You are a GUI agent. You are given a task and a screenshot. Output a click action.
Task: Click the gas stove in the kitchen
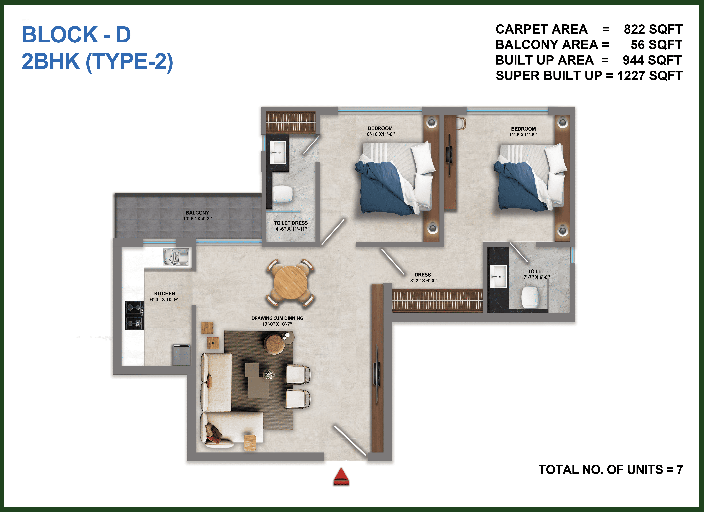point(134,315)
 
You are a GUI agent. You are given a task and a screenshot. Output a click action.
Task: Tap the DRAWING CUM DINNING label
point(277,318)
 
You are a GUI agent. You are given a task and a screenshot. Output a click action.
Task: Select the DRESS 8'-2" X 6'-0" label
point(423,278)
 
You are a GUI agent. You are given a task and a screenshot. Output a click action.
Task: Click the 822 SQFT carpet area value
point(653,29)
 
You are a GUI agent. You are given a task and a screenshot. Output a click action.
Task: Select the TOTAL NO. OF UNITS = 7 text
point(611,469)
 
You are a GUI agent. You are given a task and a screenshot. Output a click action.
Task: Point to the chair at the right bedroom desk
point(462,123)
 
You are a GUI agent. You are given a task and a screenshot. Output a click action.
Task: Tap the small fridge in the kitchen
point(181,354)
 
